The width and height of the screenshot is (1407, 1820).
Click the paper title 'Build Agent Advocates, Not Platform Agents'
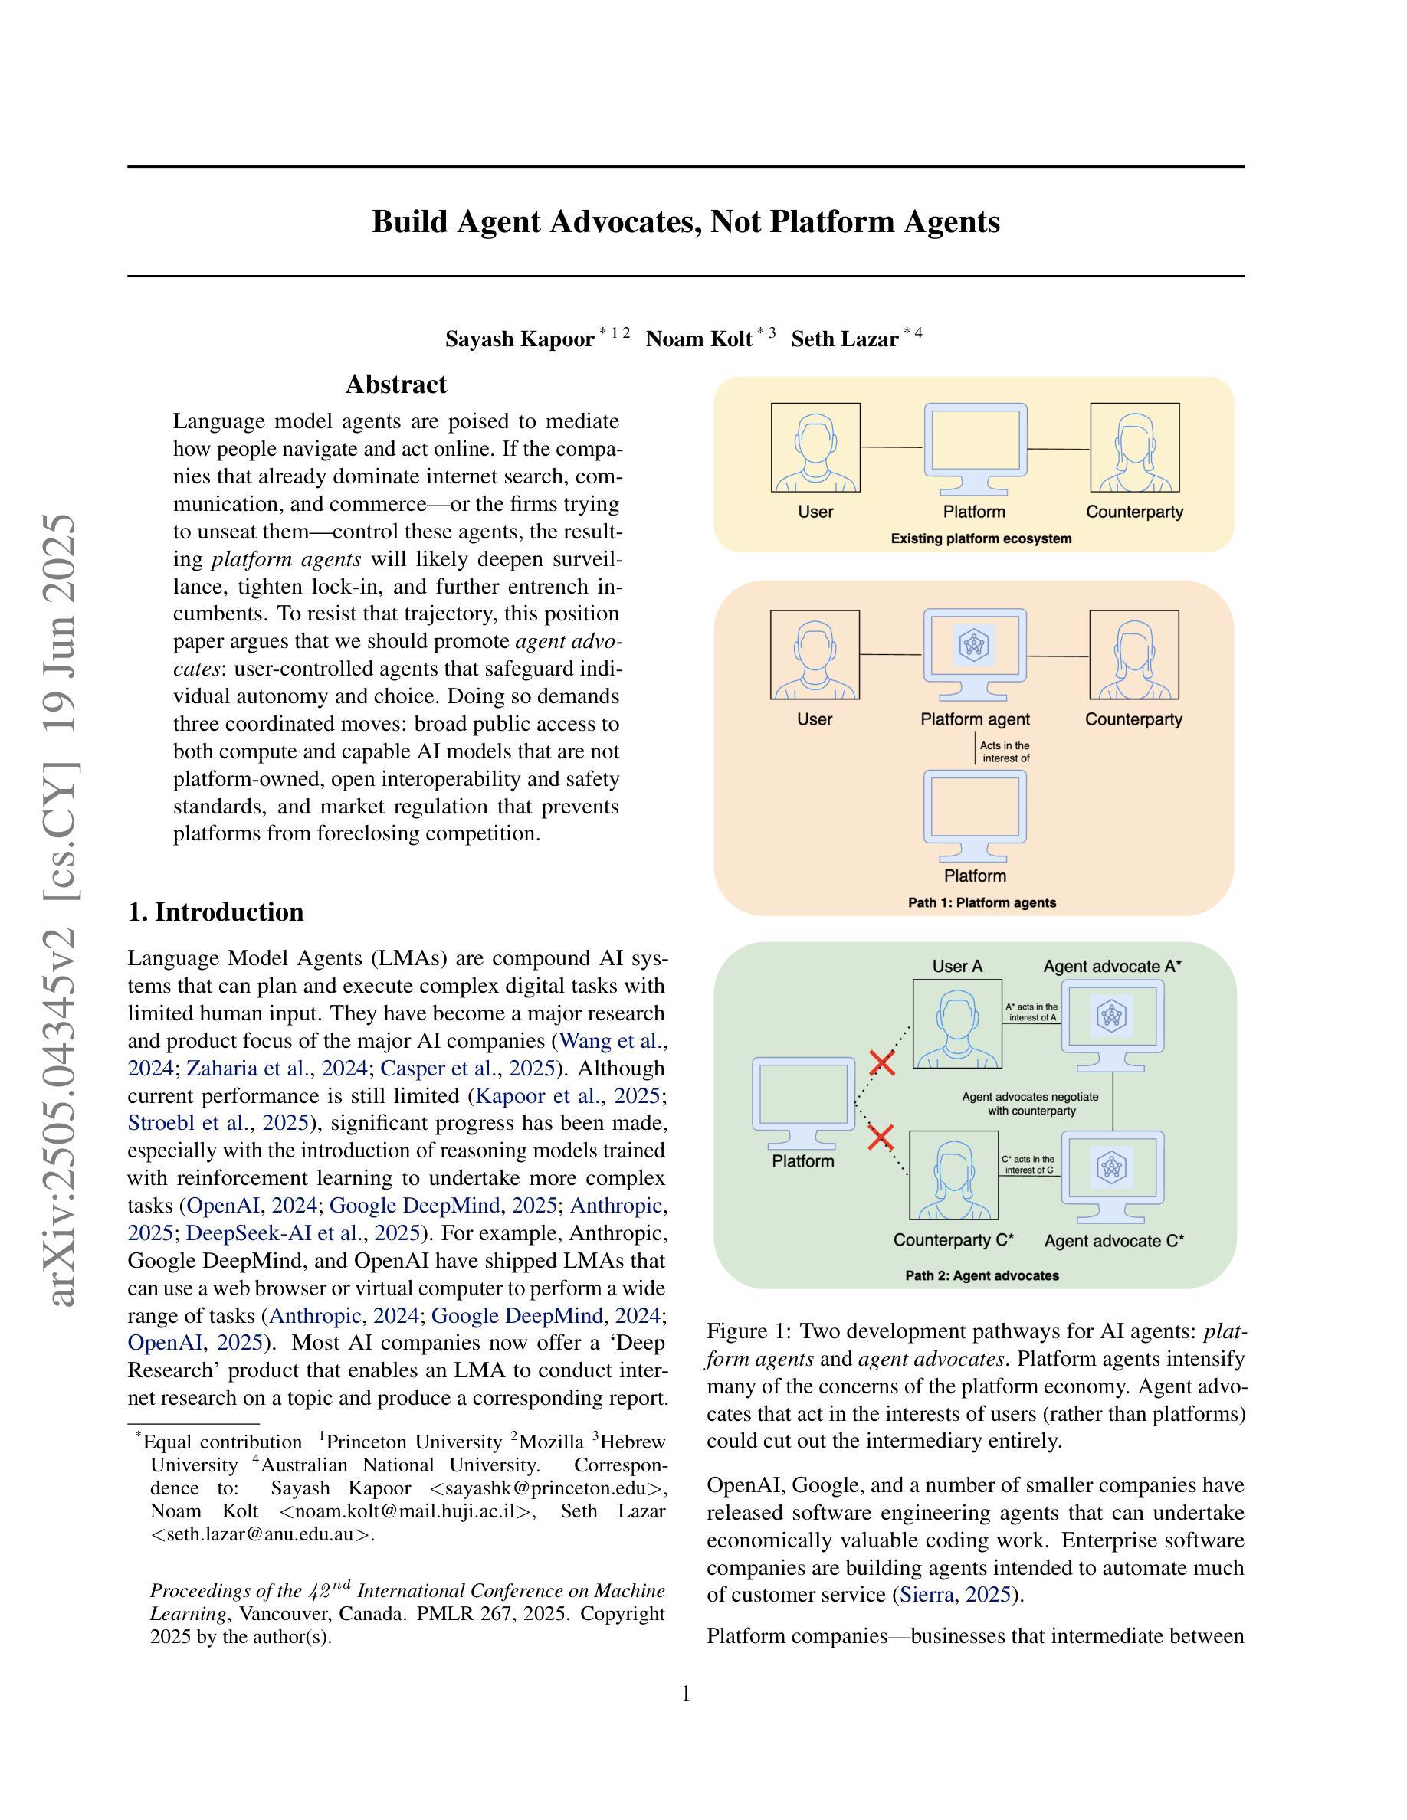point(685,221)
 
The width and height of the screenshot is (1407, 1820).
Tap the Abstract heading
point(396,385)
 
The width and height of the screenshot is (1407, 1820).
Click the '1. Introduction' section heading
point(216,912)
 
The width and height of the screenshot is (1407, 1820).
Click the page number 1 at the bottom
point(686,1693)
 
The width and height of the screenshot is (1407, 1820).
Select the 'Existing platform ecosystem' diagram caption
point(981,538)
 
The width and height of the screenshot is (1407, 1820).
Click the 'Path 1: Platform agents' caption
point(982,902)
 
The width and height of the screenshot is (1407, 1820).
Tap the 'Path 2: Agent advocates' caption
point(982,1275)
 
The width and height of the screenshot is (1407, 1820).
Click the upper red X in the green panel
point(882,1062)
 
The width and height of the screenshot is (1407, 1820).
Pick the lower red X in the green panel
point(881,1137)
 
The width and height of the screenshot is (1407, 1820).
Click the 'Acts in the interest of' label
point(1005,751)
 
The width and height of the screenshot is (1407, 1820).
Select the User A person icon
point(957,1023)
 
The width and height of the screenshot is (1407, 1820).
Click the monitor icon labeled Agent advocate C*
point(1112,1177)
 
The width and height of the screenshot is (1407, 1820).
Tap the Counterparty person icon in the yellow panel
point(1134,447)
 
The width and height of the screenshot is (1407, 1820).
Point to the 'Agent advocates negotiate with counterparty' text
point(1031,1103)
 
